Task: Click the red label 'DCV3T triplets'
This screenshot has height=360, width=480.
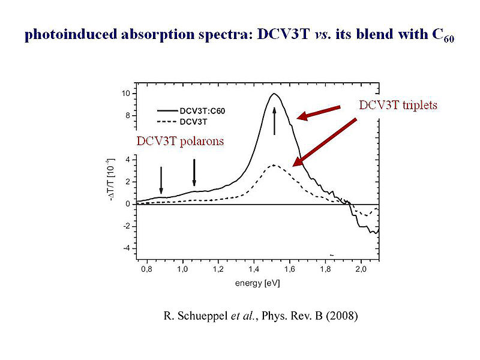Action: coord(398,105)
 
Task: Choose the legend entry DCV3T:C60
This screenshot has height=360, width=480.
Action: coord(203,110)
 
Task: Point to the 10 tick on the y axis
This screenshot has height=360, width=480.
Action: coord(126,94)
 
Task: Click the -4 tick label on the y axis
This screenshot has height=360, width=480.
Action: coord(126,248)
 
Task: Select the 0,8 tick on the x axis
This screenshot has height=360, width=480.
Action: coord(146,270)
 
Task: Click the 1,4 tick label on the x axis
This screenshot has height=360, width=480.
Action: coord(253,270)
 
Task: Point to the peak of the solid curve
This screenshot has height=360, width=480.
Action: coord(274,94)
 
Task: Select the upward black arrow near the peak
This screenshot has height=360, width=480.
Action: coord(274,120)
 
